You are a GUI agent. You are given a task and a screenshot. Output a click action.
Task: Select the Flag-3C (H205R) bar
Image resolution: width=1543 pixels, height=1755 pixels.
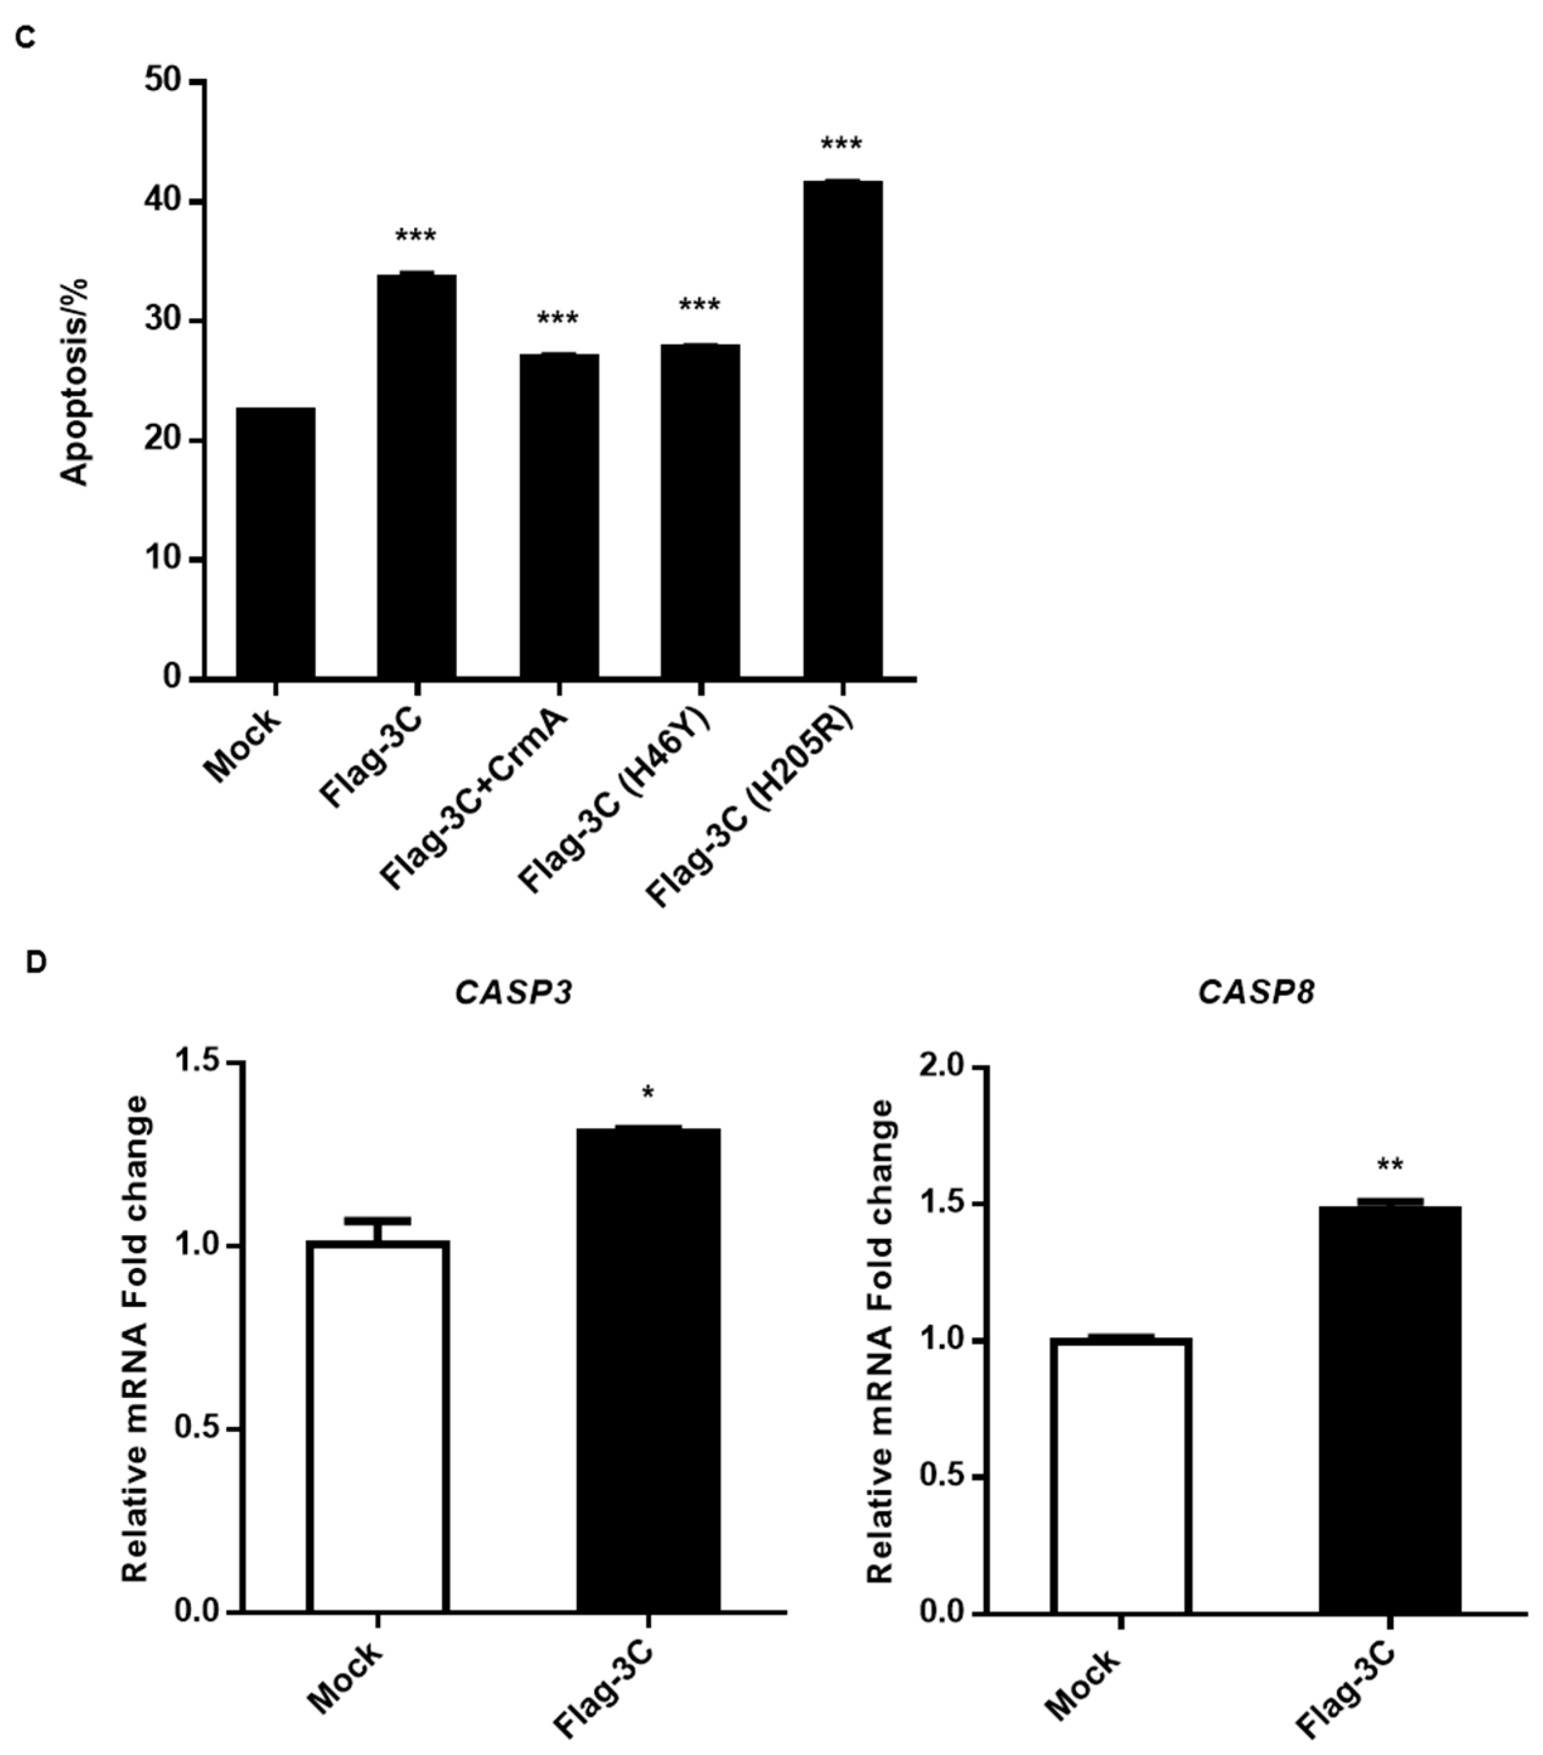(842, 430)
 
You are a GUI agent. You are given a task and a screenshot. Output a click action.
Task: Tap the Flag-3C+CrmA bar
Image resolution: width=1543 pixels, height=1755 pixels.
(558, 515)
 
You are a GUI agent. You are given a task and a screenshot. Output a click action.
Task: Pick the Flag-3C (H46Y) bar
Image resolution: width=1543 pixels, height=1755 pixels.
(700, 511)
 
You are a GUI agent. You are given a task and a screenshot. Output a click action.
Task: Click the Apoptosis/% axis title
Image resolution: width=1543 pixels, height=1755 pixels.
(76, 382)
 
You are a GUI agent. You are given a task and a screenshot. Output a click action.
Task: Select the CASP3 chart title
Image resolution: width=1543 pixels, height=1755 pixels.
(513, 993)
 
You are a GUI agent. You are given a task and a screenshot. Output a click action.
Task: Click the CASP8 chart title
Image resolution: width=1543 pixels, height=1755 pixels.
(1256, 993)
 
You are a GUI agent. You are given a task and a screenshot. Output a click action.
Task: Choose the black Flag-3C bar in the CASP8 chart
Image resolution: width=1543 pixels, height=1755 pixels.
(1389, 1408)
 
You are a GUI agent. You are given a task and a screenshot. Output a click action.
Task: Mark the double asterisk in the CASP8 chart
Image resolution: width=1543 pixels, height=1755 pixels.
(1389, 1166)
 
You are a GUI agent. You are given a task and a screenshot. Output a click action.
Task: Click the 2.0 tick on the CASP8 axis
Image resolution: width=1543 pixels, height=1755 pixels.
(944, 1067)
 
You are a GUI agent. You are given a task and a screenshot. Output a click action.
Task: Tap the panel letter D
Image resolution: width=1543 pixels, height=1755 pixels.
(35, 963)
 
